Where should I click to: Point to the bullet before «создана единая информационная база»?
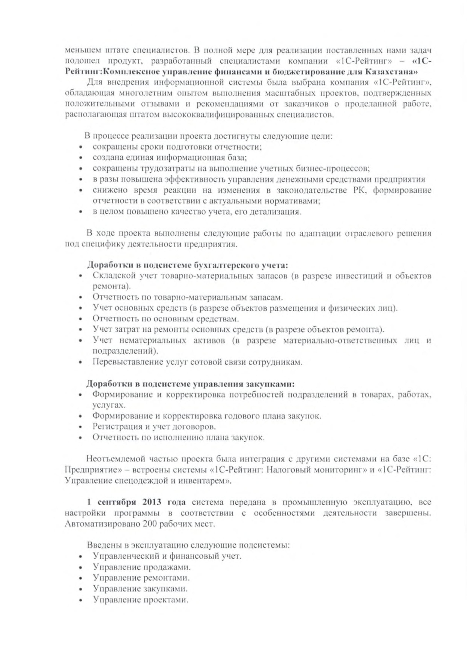pos(81,158)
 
